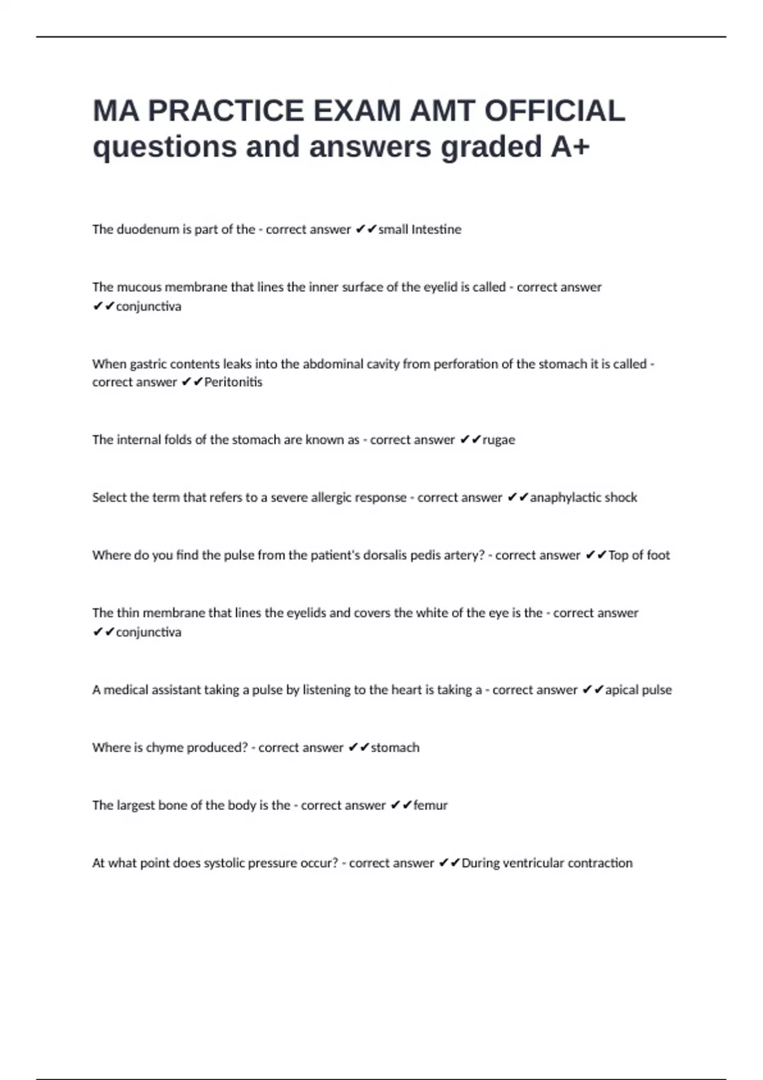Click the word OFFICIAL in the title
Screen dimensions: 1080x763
[x=554, y=111]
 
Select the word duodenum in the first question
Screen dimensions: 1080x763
[x=148, y=229]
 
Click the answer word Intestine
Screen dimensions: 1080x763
[x=436, y=229]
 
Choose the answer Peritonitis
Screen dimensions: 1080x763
[x=233, y=382]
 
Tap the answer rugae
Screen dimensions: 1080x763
[x=498, y=440]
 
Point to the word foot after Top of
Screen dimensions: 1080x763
[x=658, y=555]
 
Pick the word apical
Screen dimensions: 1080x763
[x=622, y=690]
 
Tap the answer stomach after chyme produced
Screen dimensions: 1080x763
[x=395, y=748]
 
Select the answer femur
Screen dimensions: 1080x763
[x=430, y=806]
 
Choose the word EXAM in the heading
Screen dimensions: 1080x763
[x=357, y=111]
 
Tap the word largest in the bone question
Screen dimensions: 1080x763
[x=135, y=806]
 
